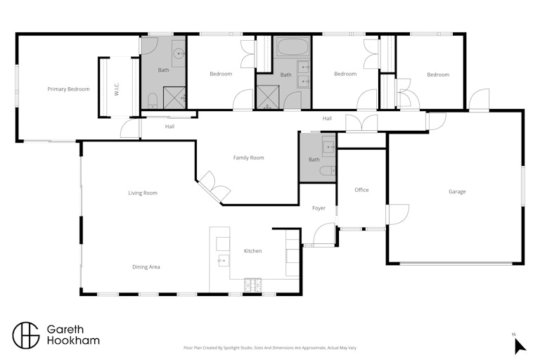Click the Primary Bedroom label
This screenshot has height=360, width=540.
point(68,89)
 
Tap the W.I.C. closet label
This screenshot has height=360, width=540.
point(117,89)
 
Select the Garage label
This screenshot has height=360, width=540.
point(457,191)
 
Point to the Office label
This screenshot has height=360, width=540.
point(361,190)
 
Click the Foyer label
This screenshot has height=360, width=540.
point(319,208)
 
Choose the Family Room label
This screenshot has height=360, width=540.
point(249,157)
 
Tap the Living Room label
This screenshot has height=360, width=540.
point(143,193)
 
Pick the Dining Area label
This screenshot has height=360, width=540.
point(146,266)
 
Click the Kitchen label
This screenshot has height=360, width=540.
point(253,251)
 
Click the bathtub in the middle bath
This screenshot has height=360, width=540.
point(292,47)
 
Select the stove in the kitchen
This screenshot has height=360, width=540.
point(253,285)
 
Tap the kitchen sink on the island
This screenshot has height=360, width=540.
point(224,260)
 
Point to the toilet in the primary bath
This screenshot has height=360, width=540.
point(153,102)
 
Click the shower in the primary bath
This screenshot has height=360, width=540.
point(174,98)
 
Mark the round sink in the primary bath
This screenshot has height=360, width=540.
point(179,53)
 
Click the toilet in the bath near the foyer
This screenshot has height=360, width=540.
point(328,171)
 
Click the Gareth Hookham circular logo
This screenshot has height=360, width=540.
point(26,335)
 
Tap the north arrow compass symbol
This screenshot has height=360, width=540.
point(520,345)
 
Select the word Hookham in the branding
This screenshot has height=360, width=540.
point(73,341)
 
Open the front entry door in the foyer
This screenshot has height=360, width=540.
point(323,234)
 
